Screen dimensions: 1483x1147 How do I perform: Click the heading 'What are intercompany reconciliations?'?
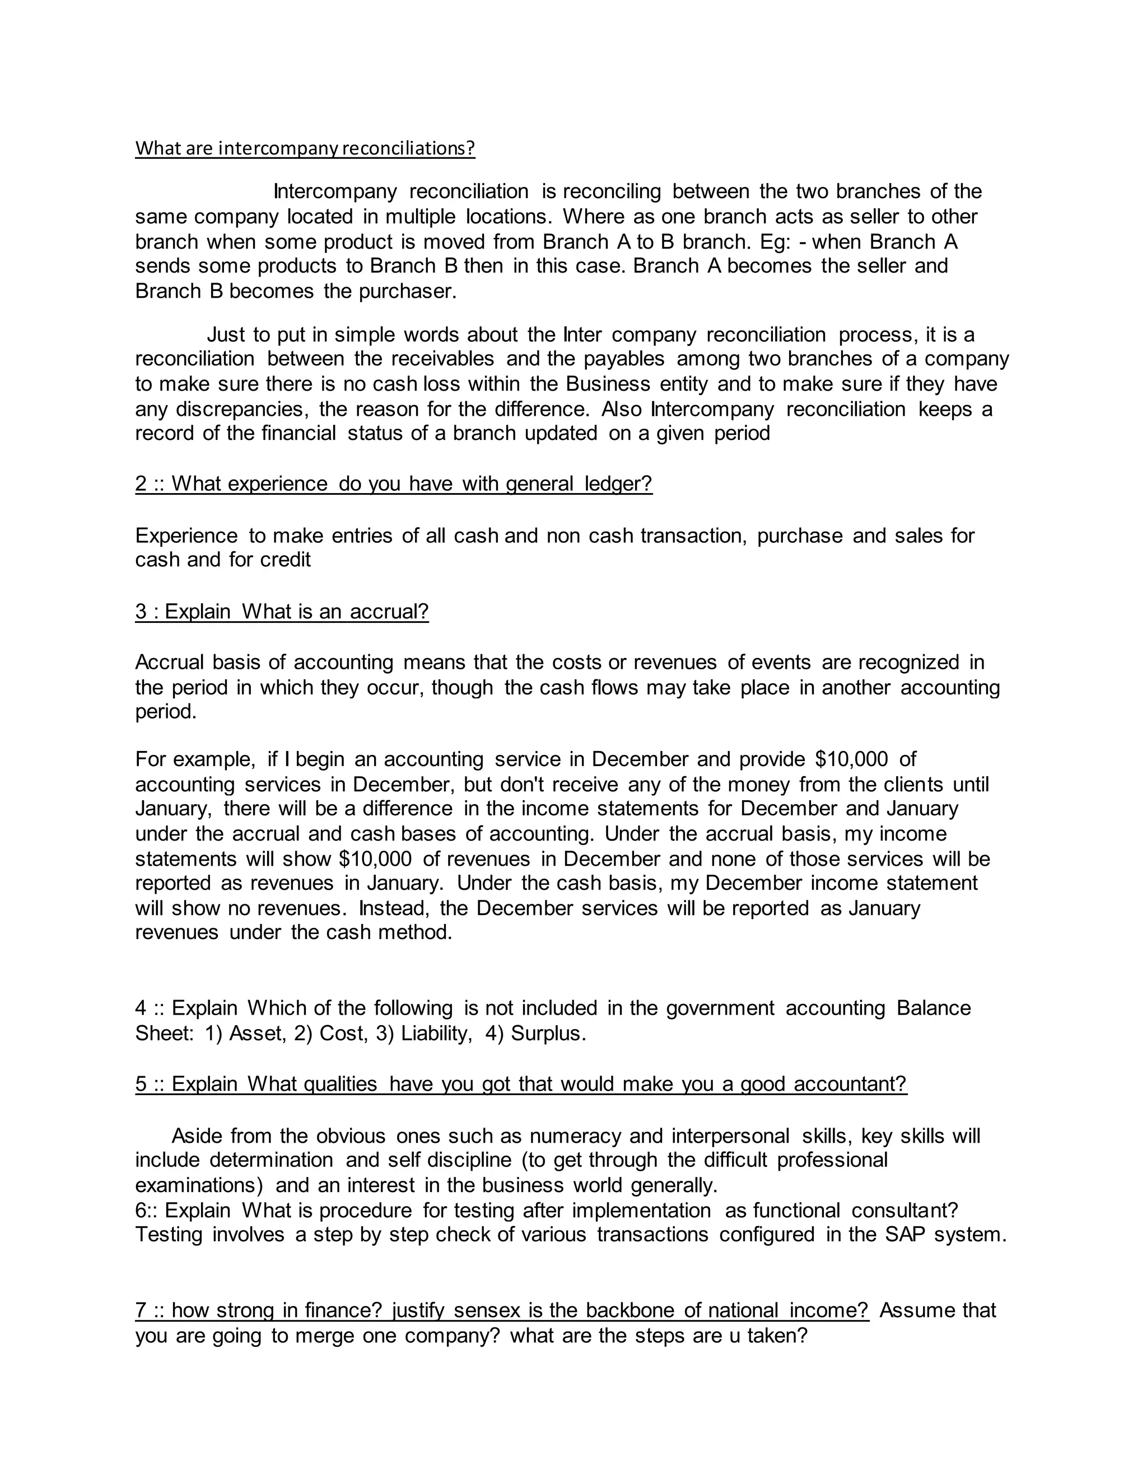click(305, 149)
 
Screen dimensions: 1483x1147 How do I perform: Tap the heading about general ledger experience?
click(393, 484)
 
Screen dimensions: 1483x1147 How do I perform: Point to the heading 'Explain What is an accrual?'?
click(282, 611)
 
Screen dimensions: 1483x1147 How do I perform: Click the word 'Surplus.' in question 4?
click(548, 1034)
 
